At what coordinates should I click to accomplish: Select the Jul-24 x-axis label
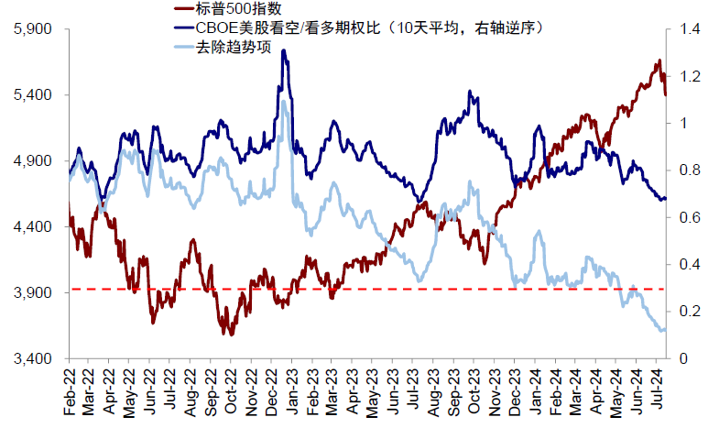(x=658, y=391)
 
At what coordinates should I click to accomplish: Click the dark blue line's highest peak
(x=285, y=51)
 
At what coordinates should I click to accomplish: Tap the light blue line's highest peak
(x=284, y=101)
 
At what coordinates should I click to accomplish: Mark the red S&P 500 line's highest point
(x=659, y=60)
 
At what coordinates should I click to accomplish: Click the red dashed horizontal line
(x=366, y=289)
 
